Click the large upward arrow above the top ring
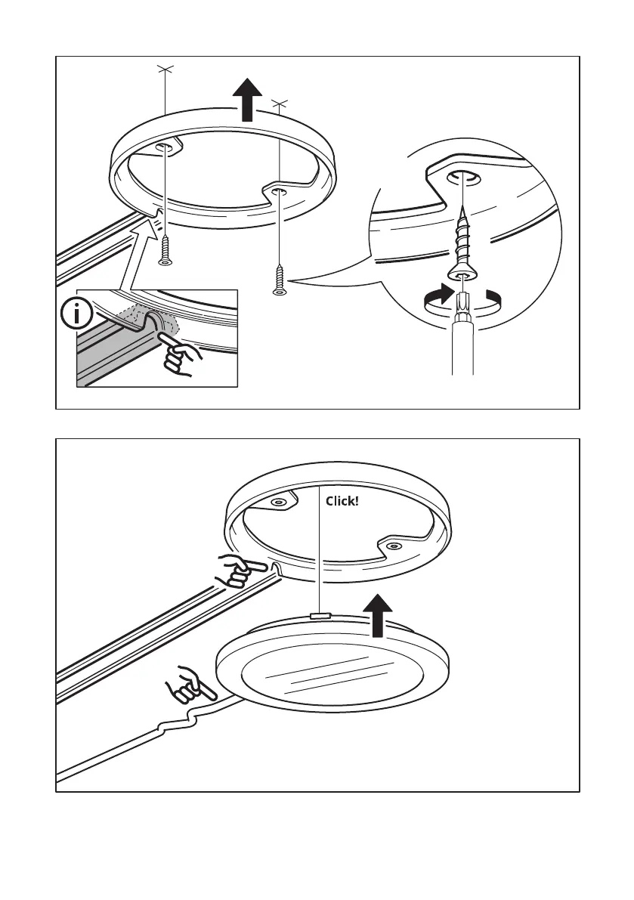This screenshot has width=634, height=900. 247,99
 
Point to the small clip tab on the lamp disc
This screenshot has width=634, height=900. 321,616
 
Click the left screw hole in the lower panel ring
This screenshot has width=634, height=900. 279,502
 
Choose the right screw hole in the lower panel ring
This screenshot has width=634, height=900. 391,545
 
